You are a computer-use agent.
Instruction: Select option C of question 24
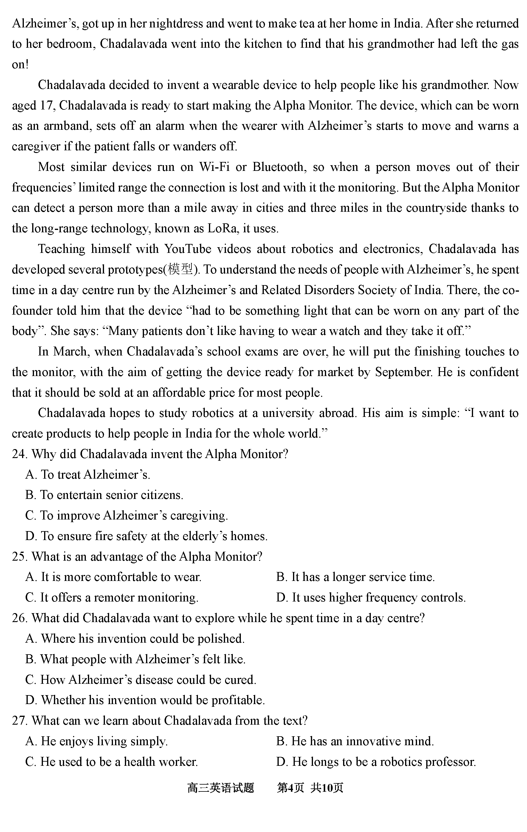coord(126,516)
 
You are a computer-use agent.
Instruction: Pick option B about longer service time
coord(355,577)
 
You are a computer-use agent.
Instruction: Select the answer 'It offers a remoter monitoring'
coord(112,598)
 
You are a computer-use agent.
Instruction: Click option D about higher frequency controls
coord(371,598)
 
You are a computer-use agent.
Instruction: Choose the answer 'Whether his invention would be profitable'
coord(145,700)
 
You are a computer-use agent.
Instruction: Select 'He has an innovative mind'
coord(355,741)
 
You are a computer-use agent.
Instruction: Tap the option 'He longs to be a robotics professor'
coord(376,762)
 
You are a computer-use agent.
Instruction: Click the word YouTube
coord(187,249)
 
